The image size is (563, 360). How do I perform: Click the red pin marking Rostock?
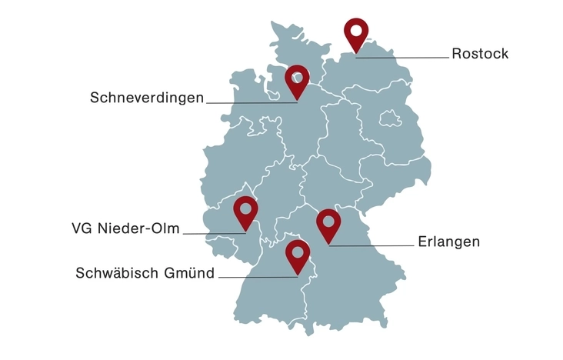click(355, 34)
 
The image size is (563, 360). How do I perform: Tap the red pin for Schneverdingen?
click(297, 80)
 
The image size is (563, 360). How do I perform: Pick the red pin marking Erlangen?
click(329, 224)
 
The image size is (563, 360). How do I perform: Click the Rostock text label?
click(480, 54)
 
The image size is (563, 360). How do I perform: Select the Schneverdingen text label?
click(147, 98)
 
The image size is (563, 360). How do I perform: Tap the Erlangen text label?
click(449, 242)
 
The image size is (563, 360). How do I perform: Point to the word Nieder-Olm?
click(138, 228)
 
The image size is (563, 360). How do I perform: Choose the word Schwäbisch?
click(114, 273)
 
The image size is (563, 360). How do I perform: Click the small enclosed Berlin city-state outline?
click(391, 118)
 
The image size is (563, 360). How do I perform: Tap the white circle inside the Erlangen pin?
click(329, 220)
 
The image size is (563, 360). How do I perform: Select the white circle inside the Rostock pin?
click(355, 31)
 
